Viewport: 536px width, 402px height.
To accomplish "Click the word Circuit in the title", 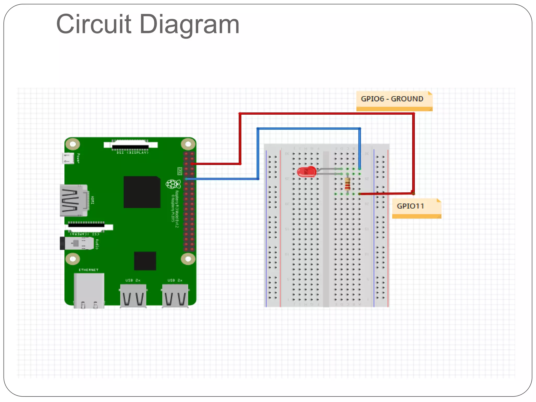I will pyautogui.click(x=93, y=24).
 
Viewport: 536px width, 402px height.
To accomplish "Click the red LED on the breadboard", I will pyautogui.click(x=306, y=172).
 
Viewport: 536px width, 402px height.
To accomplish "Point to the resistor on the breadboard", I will pyautogui.click(x=348, y=184).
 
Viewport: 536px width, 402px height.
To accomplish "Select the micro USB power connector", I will pyautogui.click(x=68, y=158).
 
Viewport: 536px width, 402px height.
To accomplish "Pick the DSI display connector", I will pyautogui.click(x=130, y=145).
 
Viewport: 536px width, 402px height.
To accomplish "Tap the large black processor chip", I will pyautogui.click(x=142, y=192).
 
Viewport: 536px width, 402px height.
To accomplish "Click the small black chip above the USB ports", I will pyautogui.click(x=145, y=261).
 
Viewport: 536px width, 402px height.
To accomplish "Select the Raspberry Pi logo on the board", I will pyautogui.click(x=173, y=184).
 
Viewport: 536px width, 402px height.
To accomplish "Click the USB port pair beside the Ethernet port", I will pyautogui.click(x=133, y=296).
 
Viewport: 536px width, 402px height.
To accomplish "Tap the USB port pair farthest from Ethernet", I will pyautogui.click(x=175, y=296).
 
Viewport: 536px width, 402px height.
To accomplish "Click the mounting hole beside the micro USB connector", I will pyautogui.click(x=73, y=144).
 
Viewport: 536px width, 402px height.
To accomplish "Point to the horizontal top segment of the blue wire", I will pyautogui.click(x=309, y=129).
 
